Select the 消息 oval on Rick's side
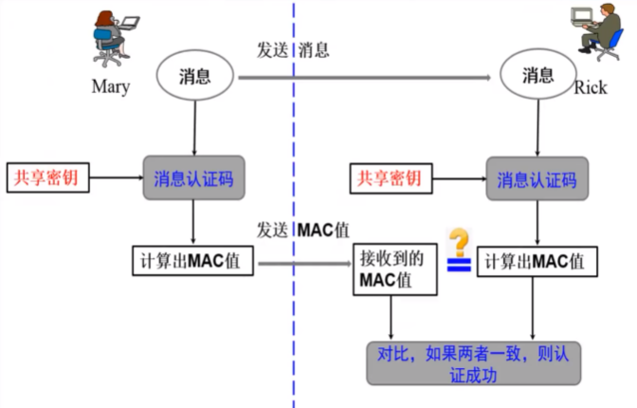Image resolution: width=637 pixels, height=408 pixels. (x=537, y=77)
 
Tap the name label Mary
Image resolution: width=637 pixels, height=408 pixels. (x=110, y=87)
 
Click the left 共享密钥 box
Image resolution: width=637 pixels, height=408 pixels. (x=47, y=176)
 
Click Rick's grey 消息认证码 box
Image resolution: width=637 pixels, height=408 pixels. (x=537, y=177)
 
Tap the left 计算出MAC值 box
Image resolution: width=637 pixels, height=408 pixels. (x=192, y=260)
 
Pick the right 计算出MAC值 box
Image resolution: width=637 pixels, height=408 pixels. (x=537, y=260)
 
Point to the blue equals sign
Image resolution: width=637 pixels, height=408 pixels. (x=459, y=267)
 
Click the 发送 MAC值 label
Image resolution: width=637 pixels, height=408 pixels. (x=300, y=230)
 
